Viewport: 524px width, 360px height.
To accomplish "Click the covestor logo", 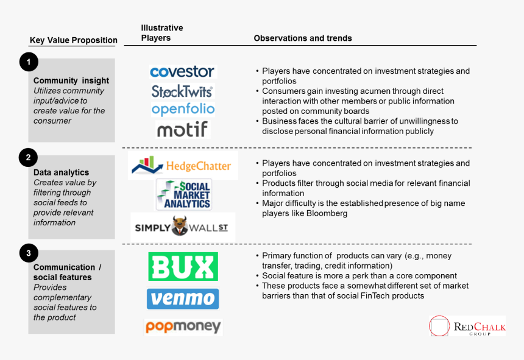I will click(x=182, y=72).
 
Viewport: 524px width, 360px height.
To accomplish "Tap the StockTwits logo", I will click(x=182, y=91).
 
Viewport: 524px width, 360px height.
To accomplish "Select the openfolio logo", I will click(x=183, y=110).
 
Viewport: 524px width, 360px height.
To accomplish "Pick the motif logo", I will click(x=183, y=129).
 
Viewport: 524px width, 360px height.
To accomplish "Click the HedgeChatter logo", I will click(x=183, y=166).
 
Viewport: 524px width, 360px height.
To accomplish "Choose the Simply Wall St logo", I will click(x=183, y=227).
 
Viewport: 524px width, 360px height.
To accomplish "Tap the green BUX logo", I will click(x=183, y=267).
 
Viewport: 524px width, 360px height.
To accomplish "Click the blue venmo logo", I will click(x=183, y=299).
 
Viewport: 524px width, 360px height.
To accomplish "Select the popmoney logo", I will click(x=183, y=327).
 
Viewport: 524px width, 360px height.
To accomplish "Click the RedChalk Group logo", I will click(x=467, y=326).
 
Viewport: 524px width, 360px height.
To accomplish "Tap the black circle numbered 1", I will click(x=29, y=62).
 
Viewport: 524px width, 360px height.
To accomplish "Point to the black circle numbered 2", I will click(x=29, y=158).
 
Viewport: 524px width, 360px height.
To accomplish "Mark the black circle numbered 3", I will click(x=29, y=252).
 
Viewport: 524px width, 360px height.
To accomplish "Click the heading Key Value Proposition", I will click(x=73, y=41).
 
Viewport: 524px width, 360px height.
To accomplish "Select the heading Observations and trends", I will click(x=303, y=38).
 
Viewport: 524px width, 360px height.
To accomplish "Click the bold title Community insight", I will click(x=71, y=80).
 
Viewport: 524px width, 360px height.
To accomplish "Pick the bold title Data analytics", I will click(x=61, y=172).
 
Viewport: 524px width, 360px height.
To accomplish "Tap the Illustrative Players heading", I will click(x=161, y=33).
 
